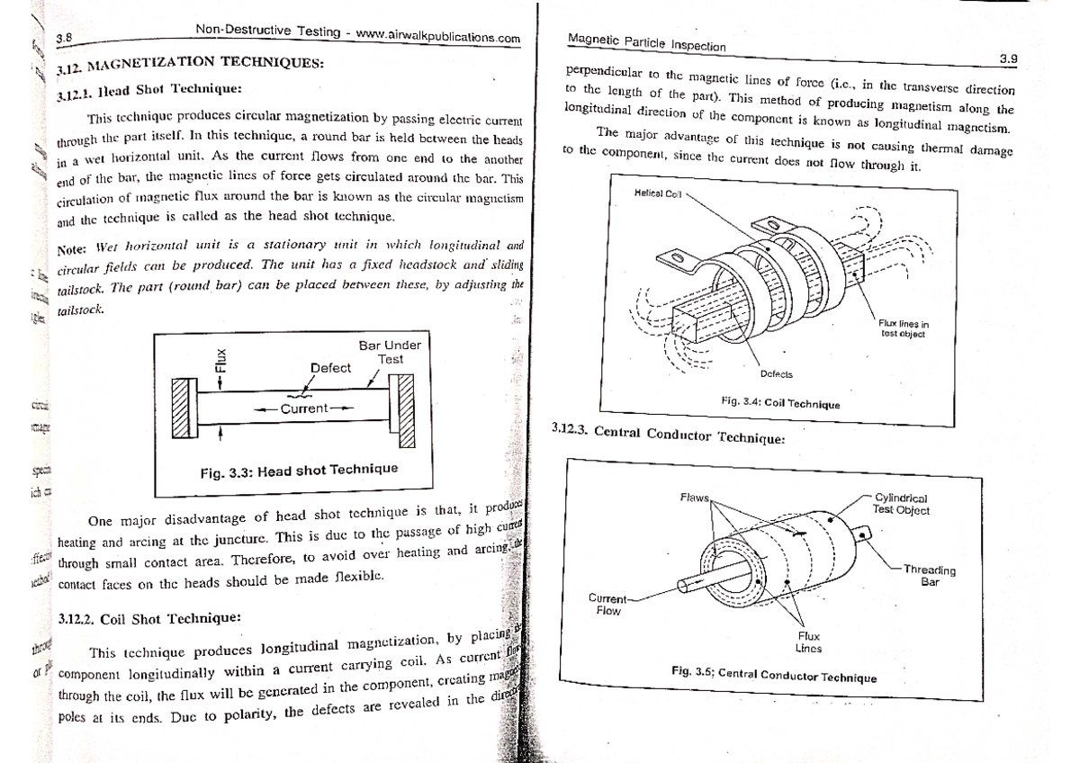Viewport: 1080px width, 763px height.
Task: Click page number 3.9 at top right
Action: [1007, 59]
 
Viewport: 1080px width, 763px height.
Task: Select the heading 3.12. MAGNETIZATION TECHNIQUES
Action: [189, 65]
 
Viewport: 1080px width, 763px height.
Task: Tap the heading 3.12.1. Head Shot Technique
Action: [148, 93]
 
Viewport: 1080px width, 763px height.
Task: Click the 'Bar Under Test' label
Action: [390, 352]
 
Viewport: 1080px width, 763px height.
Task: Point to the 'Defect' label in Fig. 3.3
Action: [330, 368]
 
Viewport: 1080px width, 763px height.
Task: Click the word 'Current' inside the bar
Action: [304, 409]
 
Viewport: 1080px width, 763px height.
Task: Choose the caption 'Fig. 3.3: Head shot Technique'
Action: [299, 471]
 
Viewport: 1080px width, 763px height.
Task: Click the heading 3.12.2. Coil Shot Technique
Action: [148, 619]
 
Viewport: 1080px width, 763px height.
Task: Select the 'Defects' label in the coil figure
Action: [776, 374]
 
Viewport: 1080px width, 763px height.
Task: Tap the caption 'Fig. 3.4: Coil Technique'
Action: [780, 403]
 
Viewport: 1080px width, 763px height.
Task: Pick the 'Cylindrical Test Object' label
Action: [901, 504]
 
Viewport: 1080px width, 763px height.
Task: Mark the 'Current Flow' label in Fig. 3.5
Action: [607, 605]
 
